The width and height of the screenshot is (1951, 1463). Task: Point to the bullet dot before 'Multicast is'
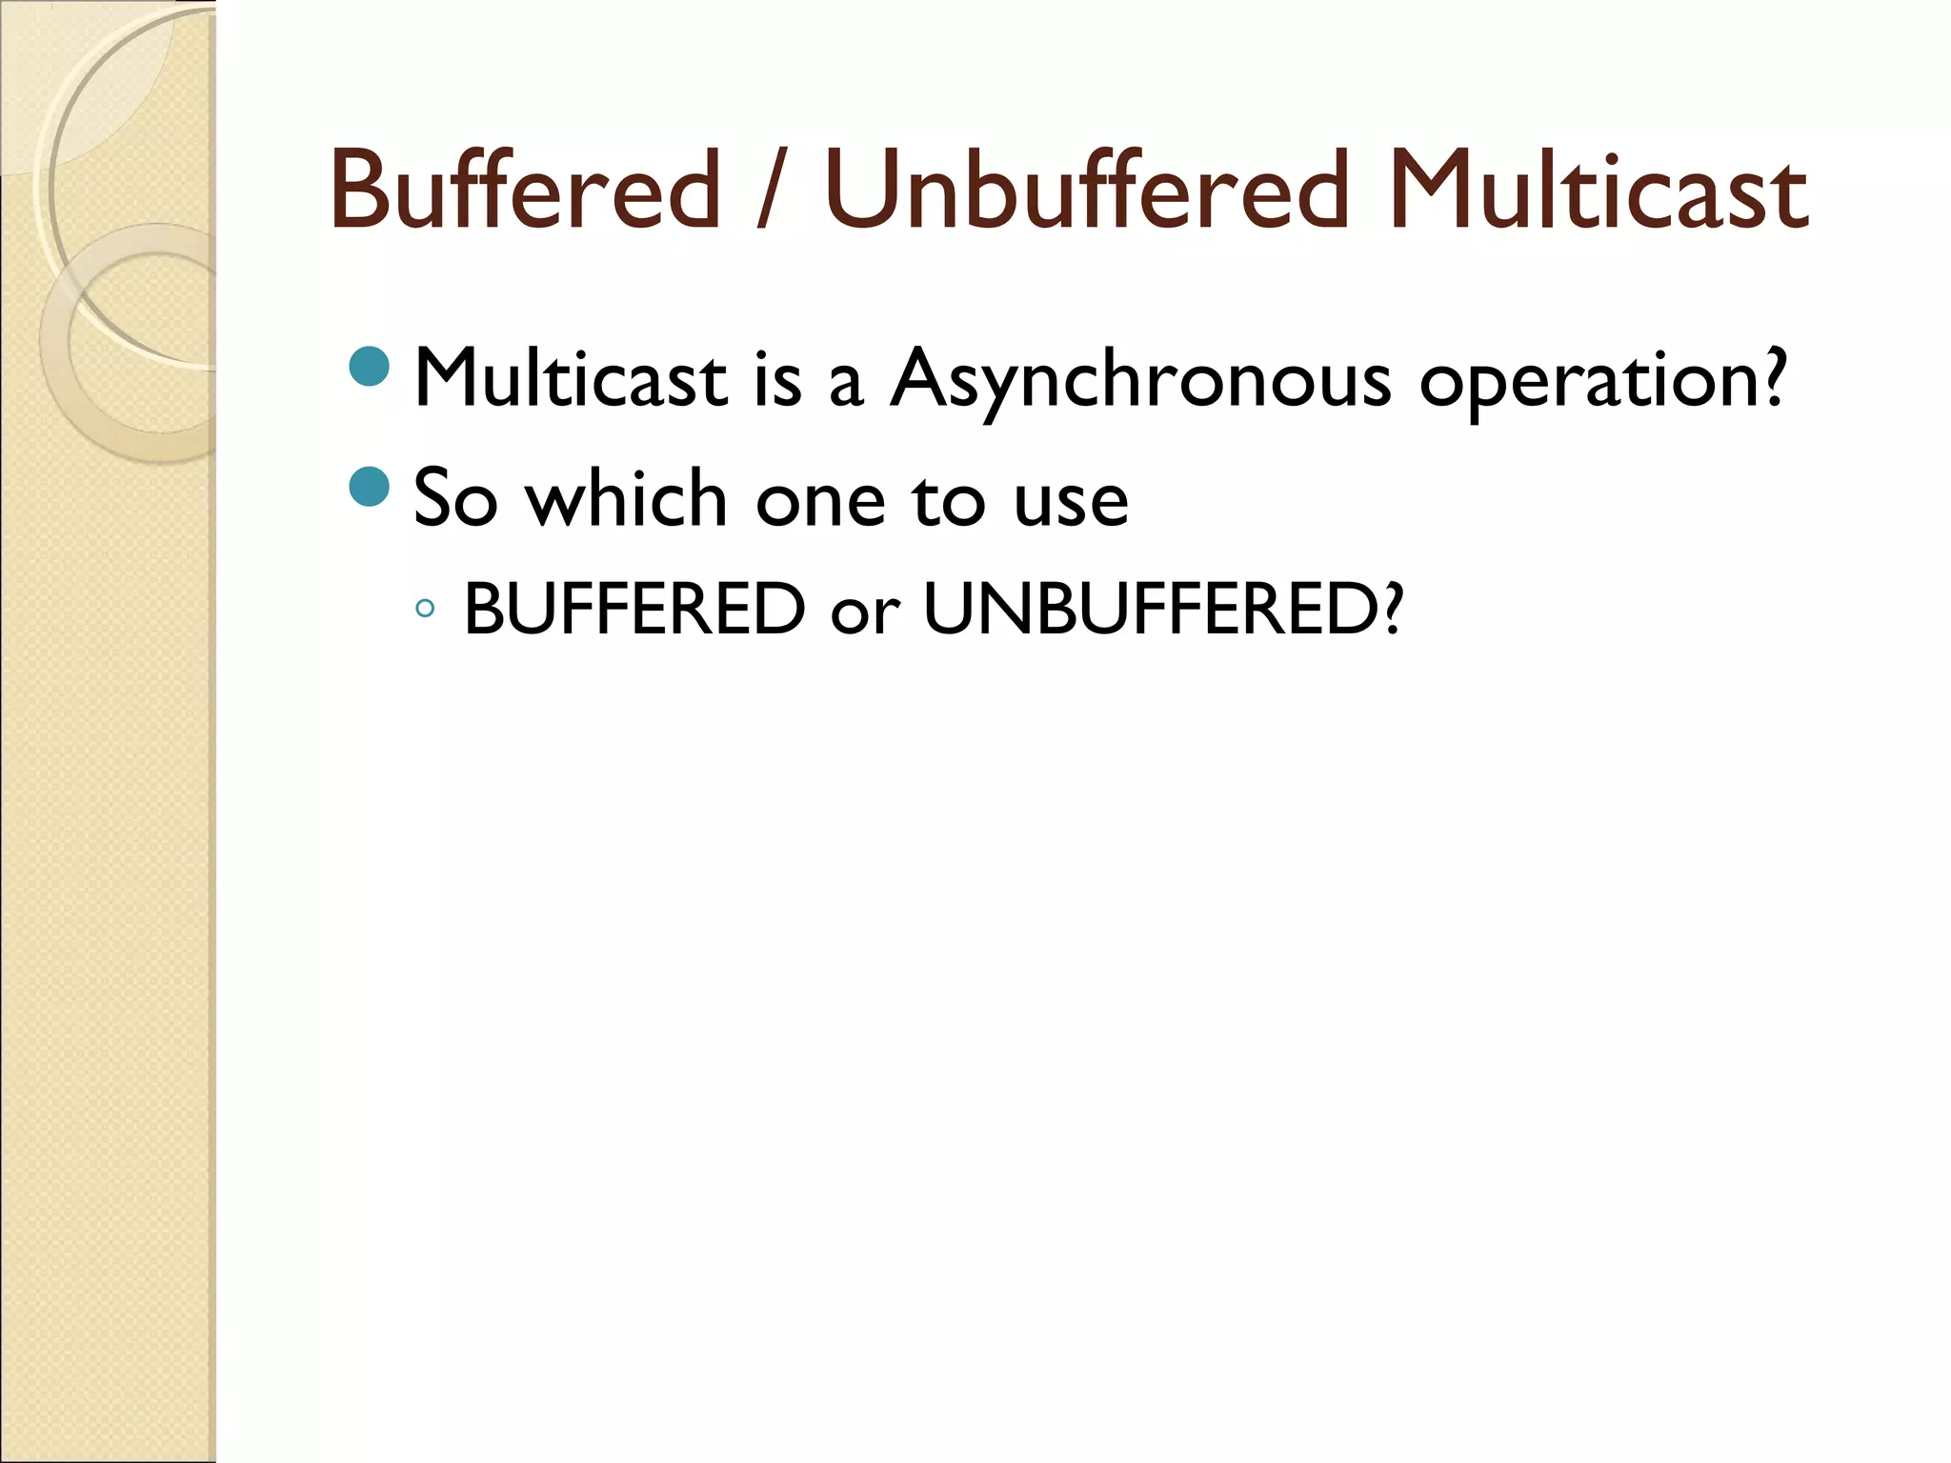coord(370,368)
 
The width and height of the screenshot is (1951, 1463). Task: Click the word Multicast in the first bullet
coord(571,379)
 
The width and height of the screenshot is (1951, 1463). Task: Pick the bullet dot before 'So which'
coord(370,488)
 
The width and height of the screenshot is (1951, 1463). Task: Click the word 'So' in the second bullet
coord(455,499)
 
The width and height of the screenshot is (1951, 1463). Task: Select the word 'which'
coord(627,499)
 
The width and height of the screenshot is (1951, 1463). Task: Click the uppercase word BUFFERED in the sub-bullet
coord(634,609)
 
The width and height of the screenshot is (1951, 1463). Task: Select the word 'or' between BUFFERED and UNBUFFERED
coord(864,613)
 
